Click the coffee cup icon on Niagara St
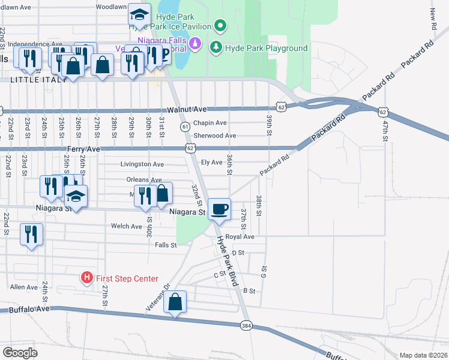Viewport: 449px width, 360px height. pos(220,209)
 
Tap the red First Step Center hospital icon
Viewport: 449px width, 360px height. pos(87,278)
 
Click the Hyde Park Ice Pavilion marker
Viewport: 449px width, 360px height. pos(220,26)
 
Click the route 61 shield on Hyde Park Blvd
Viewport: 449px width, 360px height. pos(185,126)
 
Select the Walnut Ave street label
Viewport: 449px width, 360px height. pos(187,110)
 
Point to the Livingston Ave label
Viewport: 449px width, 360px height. pos(142,164)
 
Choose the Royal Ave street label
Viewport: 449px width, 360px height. pos(240,237)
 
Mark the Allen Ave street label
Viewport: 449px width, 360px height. pos(23,287)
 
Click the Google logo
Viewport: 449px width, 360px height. pos(19,352)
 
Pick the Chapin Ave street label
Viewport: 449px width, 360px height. pos(209,123)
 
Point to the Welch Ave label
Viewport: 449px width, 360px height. pos(126,226)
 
